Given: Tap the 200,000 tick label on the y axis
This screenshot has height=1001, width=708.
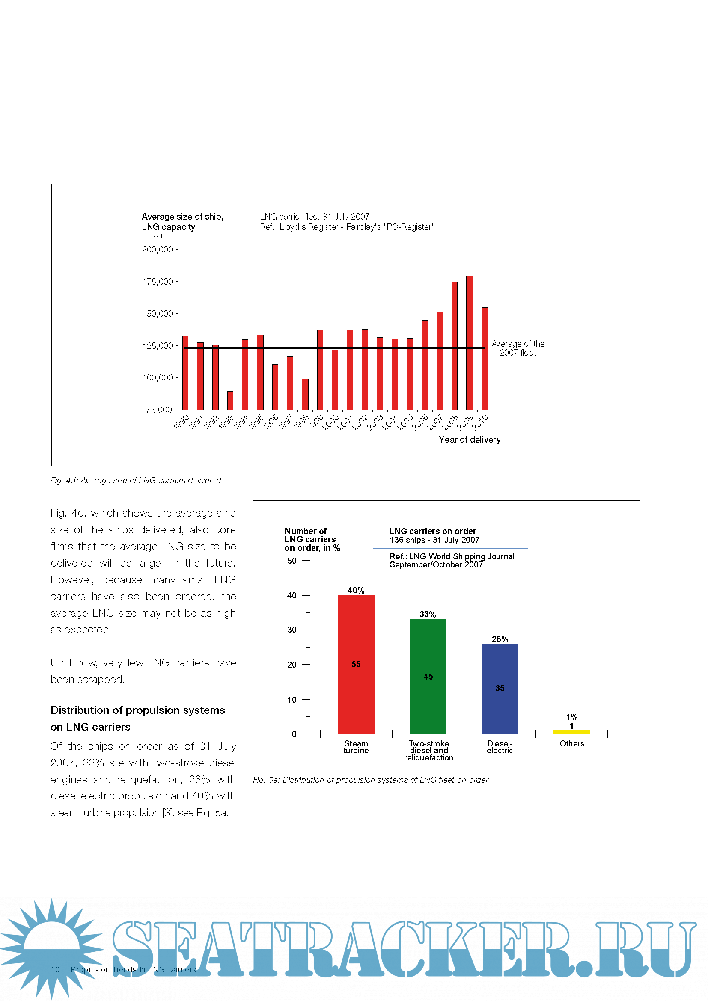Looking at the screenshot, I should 158,250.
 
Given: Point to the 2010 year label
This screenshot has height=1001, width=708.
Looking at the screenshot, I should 480,422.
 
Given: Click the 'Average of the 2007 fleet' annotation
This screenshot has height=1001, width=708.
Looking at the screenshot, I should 518,348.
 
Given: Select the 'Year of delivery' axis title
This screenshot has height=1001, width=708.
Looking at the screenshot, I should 470,440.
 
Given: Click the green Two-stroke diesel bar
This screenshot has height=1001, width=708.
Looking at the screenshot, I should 428,676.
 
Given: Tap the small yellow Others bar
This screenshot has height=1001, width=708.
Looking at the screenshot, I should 571,731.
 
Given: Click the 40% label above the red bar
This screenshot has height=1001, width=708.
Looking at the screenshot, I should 356,590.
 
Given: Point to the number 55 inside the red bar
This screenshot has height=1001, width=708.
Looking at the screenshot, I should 356,665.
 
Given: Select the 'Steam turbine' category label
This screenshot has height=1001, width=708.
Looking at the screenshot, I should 356,747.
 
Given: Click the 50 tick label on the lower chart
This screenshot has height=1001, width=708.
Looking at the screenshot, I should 292,561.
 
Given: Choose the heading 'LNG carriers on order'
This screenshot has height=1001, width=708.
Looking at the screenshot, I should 432,531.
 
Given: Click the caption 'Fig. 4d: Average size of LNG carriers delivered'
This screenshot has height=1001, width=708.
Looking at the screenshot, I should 136,481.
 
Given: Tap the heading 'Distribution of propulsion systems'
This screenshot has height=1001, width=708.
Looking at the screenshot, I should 138,710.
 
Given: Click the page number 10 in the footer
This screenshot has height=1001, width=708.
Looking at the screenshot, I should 55,970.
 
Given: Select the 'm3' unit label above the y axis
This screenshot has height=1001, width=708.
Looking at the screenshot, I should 157,238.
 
